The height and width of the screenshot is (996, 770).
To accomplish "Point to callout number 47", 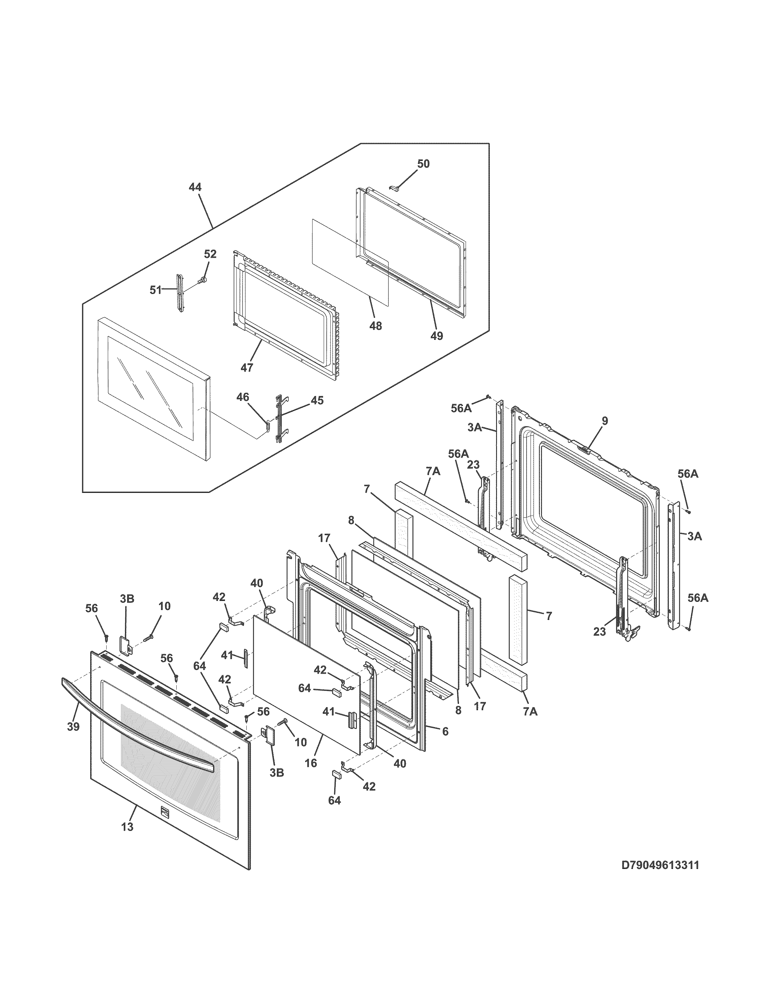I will point(247,367).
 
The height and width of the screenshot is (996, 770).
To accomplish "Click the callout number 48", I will point(375,326).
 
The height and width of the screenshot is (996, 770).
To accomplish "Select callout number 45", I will point(317,401).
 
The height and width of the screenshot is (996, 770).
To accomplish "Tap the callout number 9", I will point(605,421).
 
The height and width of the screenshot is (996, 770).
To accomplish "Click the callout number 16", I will point(311,763).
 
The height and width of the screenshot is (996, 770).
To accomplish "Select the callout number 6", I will point(445,732).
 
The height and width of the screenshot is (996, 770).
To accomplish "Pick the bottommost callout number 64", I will point(334,800).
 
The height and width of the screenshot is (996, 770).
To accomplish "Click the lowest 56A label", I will point(697,598).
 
